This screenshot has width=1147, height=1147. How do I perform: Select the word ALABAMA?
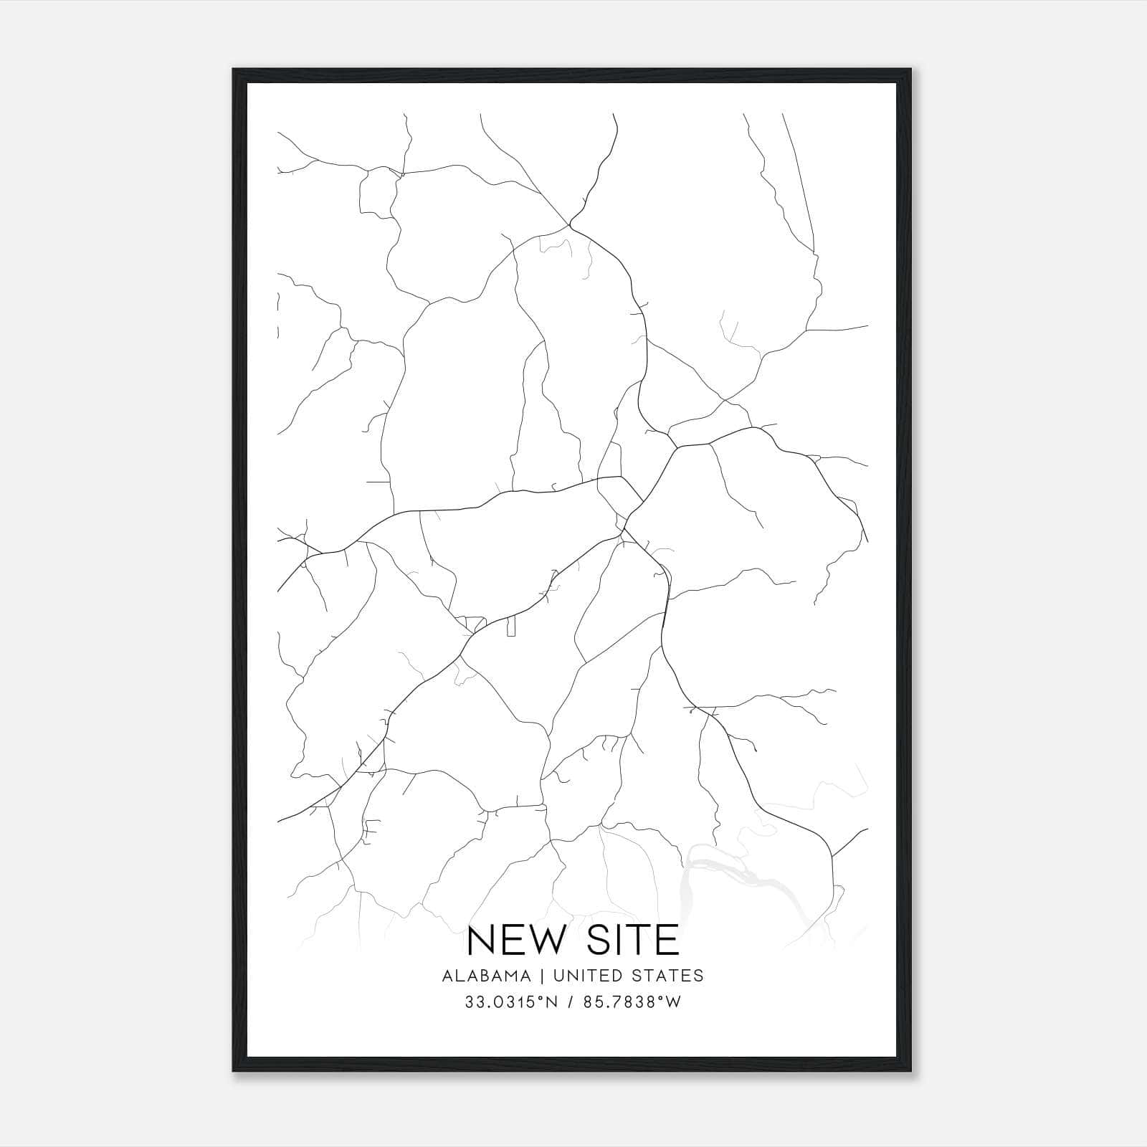coord(487,976)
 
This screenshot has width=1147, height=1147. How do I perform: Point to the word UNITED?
coord(578,976)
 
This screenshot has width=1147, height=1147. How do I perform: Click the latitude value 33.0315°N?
coord(510,1002)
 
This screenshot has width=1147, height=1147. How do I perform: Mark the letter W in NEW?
coord(543,940)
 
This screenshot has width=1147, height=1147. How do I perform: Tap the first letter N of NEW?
coord(480,940)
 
